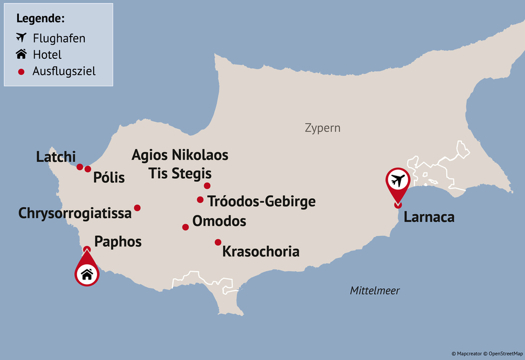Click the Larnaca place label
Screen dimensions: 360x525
(429, 217)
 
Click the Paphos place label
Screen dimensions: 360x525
(118, 242)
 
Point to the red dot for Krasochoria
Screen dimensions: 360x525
(218, 242)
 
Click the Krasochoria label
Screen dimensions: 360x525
(261, 252)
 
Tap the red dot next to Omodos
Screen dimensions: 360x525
(185, 227)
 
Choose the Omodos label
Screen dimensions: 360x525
(219, 222)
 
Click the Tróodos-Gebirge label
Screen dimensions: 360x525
(261, 202)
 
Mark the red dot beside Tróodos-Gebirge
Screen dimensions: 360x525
(200, 200)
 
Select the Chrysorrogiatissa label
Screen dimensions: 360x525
(75, 213)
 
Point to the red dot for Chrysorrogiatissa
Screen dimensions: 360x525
(137, 208)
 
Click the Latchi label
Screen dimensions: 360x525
(56, 157)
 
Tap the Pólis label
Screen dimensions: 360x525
(109, 177)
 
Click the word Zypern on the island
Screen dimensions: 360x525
(323, 128)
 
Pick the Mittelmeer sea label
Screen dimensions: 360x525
(375, 291)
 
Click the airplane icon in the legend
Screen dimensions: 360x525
(22, 38)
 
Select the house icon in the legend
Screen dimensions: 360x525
(22, 55)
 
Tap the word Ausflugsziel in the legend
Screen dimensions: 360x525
(64, 71)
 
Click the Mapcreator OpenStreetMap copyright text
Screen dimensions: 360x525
(487, 354)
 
